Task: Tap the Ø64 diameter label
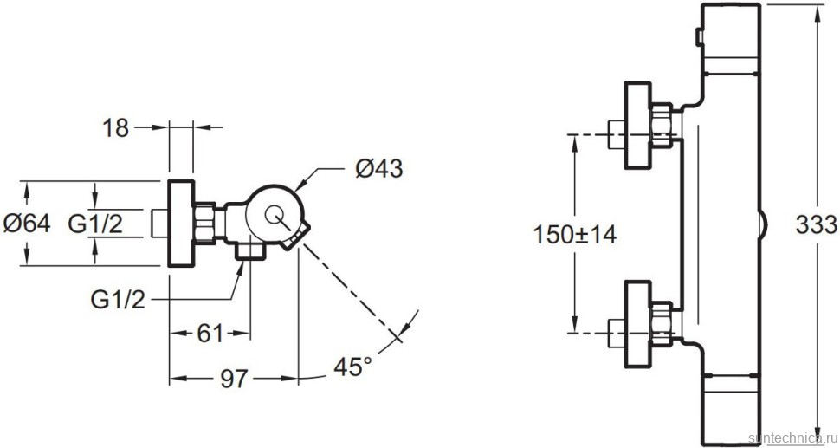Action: (26, 224)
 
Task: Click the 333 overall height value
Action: (816, 225)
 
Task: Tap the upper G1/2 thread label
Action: (95, 224)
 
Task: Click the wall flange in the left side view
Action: (183, 224)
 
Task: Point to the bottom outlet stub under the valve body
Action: (248, 250)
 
